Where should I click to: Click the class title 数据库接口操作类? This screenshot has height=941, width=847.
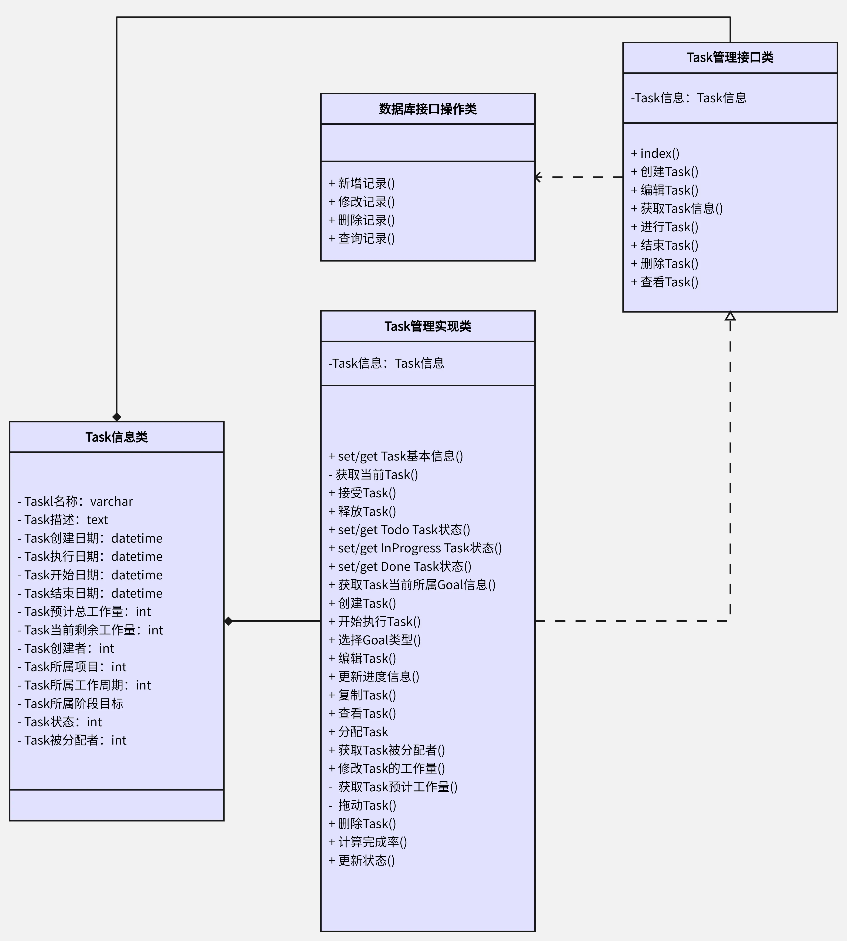(x=428, y=109)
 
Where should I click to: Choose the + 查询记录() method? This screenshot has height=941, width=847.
(x=362, y=238)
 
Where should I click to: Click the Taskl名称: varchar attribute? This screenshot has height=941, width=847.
(x=75, y=502)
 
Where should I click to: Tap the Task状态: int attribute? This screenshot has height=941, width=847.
(x=60, y=722)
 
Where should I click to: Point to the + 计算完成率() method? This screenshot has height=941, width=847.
(x=368, y=842)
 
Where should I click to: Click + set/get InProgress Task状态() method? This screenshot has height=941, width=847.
(x=415, y=548)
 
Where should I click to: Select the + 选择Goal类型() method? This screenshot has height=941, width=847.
(x=375, y=640)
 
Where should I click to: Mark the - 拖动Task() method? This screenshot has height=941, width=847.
(x=362, y=805)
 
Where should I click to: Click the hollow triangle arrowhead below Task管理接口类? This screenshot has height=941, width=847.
(x=730, y=316)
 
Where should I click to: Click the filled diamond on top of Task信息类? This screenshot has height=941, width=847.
(x=116, y=417)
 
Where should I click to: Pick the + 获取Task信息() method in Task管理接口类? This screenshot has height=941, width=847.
(x=677, y=208)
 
